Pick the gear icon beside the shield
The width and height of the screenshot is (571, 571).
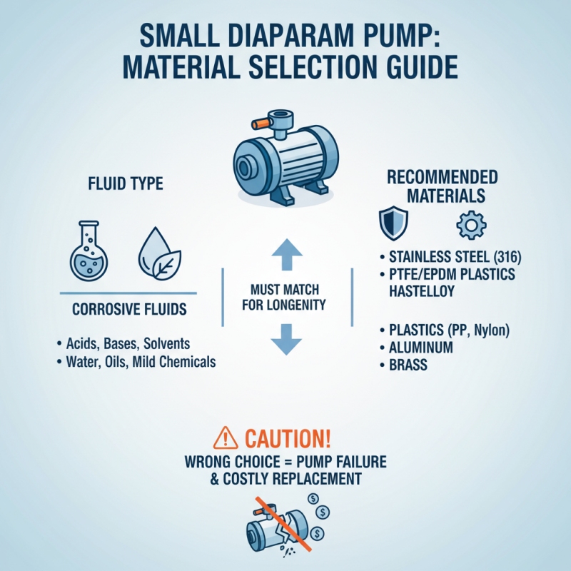coord(470,224)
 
